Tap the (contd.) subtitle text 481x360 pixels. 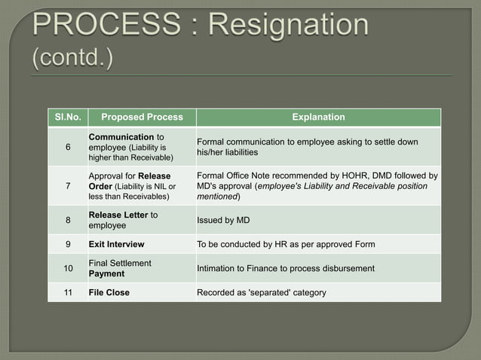72,59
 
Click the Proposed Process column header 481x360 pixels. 142,117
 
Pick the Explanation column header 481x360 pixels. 318,117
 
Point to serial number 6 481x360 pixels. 67,147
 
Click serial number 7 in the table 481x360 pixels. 67,186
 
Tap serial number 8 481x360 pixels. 67,220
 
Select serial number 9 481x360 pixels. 67,244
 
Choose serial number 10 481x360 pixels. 67,268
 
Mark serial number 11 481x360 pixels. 67,292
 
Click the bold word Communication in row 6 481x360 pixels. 121,136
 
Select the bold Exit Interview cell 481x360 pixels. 116,244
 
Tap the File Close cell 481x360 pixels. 109,292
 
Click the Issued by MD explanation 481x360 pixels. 222,220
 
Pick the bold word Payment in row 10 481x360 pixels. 106,273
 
